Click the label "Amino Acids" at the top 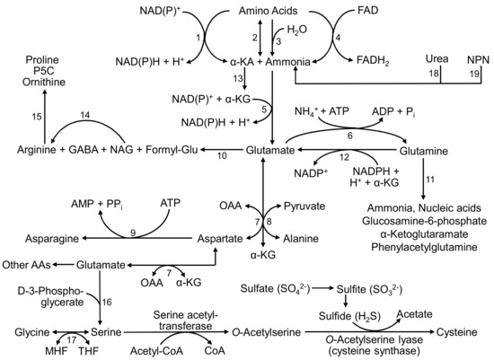[247, 12]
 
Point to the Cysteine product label [463, 331]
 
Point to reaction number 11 [433, 180]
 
